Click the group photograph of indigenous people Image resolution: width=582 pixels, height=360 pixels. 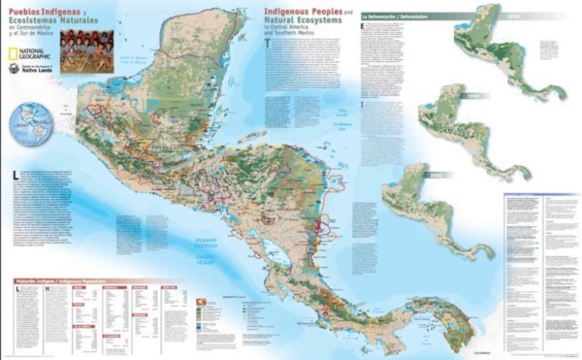click(86, 50)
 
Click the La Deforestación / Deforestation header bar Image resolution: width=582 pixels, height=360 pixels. click(417, 17)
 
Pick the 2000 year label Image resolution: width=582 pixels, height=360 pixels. click(436, 176)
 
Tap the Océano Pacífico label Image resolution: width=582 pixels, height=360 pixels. click(194, 255)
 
